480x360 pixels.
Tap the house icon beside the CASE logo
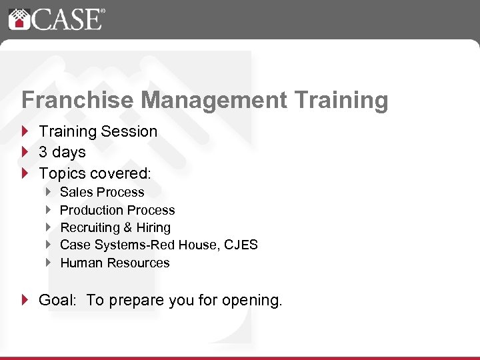18,19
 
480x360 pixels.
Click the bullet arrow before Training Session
25,131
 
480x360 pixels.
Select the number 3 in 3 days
43,152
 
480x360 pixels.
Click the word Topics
61,173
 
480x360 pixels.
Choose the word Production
93,210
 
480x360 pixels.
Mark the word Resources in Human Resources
138,263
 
